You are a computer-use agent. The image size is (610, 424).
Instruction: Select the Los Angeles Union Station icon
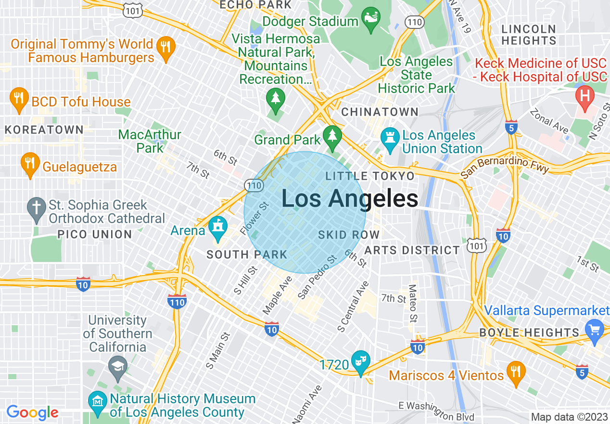(x=389, y=136)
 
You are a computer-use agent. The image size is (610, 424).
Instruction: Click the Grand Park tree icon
(x=332, y=136)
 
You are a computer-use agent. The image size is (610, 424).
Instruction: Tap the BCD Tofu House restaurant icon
(x=18, y=99)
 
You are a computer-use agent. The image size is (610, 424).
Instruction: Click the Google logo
(x=32, y=412)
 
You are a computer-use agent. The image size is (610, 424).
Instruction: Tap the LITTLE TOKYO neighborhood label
(x=370, y=176)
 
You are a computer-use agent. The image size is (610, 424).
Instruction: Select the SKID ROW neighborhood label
(x=349, y=235)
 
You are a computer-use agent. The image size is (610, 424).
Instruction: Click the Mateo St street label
(x=413, y=303)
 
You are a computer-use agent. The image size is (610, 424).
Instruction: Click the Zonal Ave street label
(x=549, y=121)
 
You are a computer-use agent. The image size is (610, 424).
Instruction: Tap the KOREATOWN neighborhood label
(x=44, y=130)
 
